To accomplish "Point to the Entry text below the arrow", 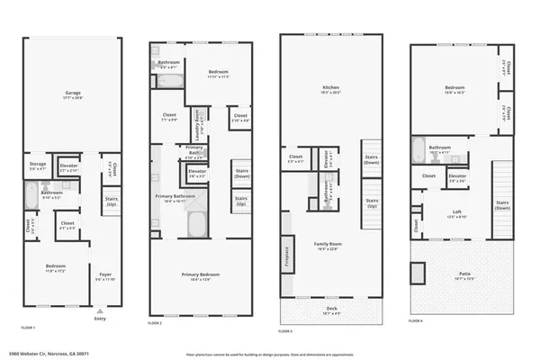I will tap(99, 318).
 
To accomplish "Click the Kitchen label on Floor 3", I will tap(330, 88).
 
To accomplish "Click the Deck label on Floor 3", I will tap(331, 311).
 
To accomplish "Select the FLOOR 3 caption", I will tap(285, 332).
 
